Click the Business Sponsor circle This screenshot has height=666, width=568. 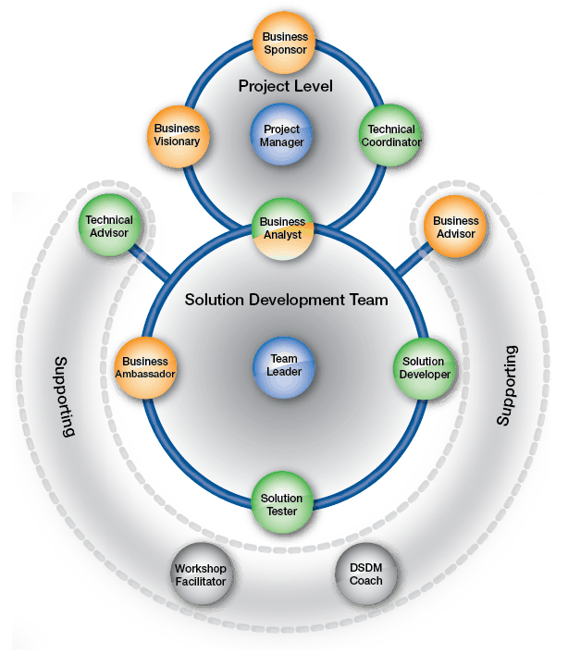(x=285, y=43)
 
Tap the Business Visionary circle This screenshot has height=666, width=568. (x=177, y=135)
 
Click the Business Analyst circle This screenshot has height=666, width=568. (x=283, y=228)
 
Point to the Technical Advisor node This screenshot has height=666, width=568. (x=109, y=227)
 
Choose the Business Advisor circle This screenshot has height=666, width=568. (x=455, y=228)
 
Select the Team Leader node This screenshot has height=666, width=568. (x=283, y=365)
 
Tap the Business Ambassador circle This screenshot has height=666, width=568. (x=144, y=367)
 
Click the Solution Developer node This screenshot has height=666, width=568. (x=426, y=367)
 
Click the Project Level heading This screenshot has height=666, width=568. (x=285, y=86)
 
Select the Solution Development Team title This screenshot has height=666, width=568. (x=286, y=301)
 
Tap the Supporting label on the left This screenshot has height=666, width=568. (x=63, y=396)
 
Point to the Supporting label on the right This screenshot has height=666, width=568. (x=506, y=386)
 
